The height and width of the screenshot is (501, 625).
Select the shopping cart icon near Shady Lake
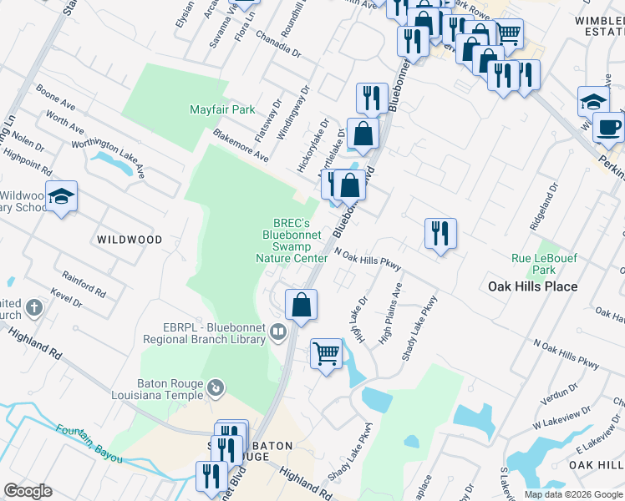click(x=326, y=354)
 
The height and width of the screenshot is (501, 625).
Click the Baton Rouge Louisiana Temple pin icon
click(x=216, y=387)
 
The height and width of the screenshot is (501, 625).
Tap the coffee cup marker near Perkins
click(x=607, y=128)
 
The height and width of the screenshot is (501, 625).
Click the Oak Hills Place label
click(x=532, y=286)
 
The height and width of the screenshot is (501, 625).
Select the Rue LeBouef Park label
click(x=544, y=264)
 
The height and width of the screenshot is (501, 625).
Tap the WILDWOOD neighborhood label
click(x=129, y=240)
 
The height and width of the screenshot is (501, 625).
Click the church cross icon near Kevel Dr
click(x=33, y=308)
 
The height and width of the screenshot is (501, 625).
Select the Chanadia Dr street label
click(x=280, y=44)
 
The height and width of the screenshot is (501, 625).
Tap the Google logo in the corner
click(x=28, y=491)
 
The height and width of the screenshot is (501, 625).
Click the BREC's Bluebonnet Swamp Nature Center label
click(x=292, y=240)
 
